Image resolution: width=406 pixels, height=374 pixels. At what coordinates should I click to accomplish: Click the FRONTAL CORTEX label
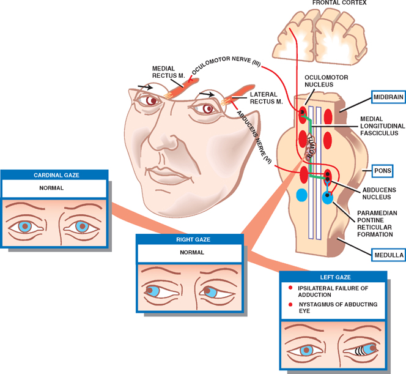point(339,3)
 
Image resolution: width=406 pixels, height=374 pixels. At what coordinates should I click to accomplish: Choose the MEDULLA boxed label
point(387,253)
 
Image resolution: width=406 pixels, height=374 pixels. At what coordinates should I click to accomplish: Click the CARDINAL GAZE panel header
point(56,175)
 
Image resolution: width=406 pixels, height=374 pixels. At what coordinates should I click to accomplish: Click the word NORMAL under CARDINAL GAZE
point(56,189)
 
